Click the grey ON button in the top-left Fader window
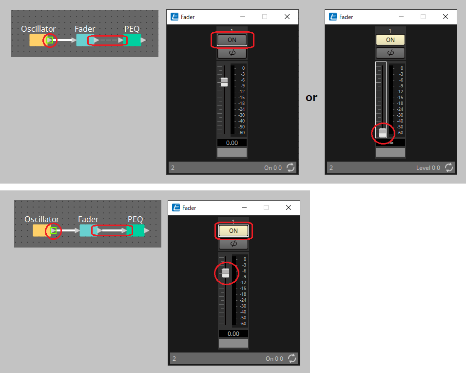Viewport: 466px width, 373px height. point(232,40)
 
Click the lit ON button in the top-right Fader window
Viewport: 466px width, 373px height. point(390,40)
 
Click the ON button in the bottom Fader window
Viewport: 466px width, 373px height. point(233,231)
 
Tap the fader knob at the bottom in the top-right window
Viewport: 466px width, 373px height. point(383,133)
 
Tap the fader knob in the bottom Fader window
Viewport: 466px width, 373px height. point(226,273)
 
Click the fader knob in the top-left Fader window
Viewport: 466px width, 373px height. point(224,82)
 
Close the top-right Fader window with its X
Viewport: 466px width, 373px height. point(445,17)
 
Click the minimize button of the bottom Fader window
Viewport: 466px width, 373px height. point(244,207)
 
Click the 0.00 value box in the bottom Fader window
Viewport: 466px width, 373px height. point(233,334)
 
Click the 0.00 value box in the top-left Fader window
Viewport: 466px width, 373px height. point(232,143)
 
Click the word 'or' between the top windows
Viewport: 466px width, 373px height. point(311,98)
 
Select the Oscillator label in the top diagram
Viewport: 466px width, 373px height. point(39,29)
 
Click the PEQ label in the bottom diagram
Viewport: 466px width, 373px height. point(136,219)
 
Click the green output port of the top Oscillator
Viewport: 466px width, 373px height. point(50,40)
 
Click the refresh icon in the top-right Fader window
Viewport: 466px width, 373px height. point(449,167)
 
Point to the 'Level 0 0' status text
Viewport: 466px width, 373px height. point(428,168)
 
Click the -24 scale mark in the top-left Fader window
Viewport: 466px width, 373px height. point(241,109)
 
